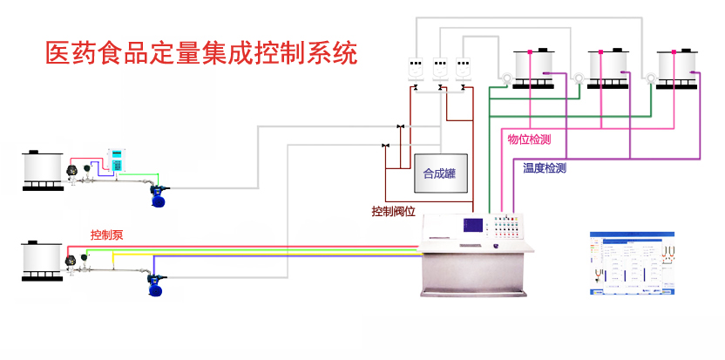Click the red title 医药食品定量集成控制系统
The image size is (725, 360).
(x=201, y=53)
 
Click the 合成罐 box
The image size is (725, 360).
(x=440, y=173)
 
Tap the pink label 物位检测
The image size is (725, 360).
(x=529, y=139)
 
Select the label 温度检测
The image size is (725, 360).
(x=545, y=168)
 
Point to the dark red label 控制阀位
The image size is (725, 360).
(x=392, y=211)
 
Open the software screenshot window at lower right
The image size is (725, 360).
(x=632, y=263)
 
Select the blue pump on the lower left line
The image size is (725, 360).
(x=158, y=285)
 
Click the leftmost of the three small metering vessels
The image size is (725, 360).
(x=416, y=67)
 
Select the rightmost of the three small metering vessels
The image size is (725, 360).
(x=464, y=67)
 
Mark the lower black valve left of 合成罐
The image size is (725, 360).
(x=385, y=145)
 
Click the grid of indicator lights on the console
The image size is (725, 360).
(x=506, y=228)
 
